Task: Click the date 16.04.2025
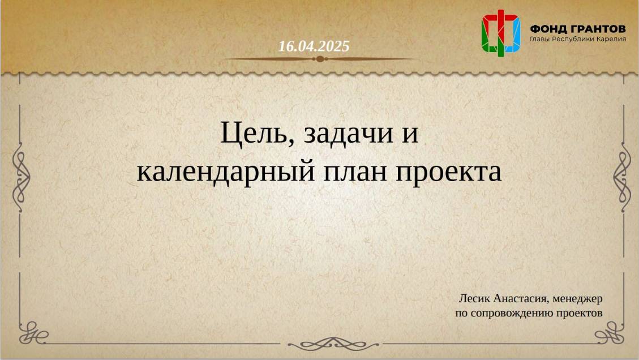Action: click(x=314, y=46)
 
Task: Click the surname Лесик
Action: click(x=474, y=298)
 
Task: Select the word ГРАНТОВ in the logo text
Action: click(x=596, y=28)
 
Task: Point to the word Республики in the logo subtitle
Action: click(x=571, y=38)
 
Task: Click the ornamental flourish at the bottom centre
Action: click(x=320, y=344)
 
